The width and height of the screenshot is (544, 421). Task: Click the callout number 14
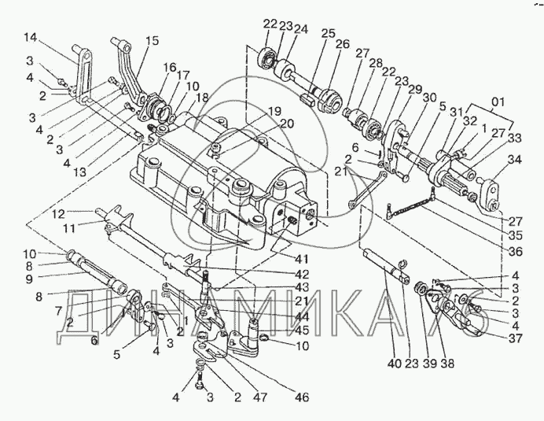pyautogui.click(x=31, y=37)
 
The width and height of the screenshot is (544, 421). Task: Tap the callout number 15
pyautogui.click(x=153, y=41)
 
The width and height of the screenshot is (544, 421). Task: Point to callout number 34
pyautogui.click(x=514, y=161)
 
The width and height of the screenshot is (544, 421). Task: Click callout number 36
pyautogui.click(x=515, y=252)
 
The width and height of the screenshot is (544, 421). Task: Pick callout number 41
pyautogui.click(x=300, y=260)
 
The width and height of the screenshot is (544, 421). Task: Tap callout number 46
pyautogui.click(x=301, y=397)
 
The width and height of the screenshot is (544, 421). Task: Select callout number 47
pyautogui.click(x=261, y=397)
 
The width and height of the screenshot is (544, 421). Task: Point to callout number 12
pyautogui.click(x=58, y=215)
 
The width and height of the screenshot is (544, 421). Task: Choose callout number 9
pyautogui.click(x=30, y=279)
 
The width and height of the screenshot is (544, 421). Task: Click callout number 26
pyautogui.click(x=343, y=44)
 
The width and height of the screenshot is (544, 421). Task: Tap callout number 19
pyautogui.click(x=275, y=112)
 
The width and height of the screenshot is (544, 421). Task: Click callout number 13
pyautogui.click(x=80, y=172)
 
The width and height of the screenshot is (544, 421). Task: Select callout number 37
pyautogui.click(x=515, y=338)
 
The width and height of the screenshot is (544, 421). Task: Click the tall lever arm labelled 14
pyautogui.click(x=83, y=75)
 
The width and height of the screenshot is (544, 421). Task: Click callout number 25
pyautogui.click(x=329, y=33)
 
